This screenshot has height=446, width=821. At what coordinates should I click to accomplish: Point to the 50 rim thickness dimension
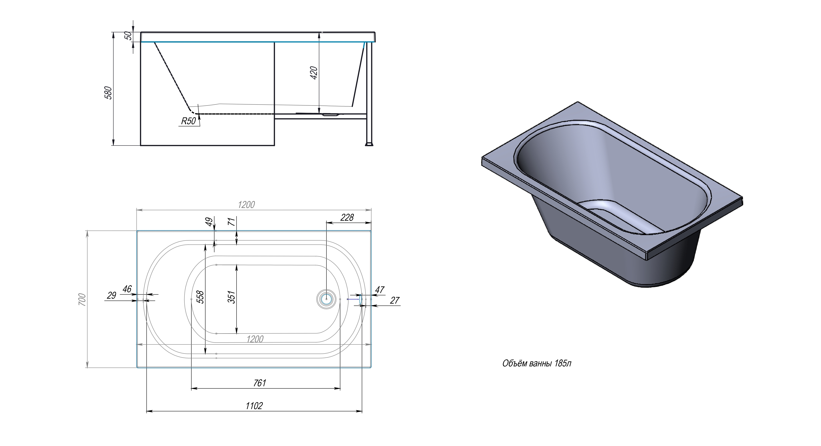128,35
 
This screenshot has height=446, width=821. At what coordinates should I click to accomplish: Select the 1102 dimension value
254,406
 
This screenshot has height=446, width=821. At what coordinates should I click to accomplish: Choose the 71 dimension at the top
232,221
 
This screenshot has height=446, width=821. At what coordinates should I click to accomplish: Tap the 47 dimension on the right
380,290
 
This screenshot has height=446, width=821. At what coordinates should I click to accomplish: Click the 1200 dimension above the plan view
246,205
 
